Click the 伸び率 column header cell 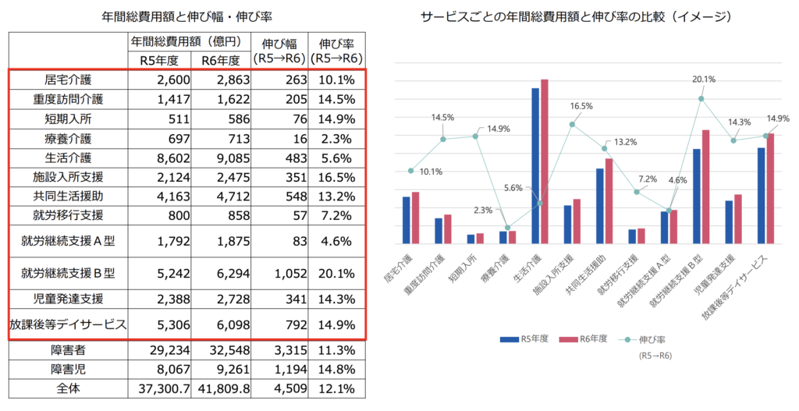[x=337, y=50]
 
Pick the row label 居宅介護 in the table [x=69, y=80]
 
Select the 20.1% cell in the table [x=337, y=274]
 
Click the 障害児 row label [x=69, y=369]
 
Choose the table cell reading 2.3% [x=337, y=138]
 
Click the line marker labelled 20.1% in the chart [x=701, y=98]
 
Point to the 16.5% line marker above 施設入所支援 [x=572, y=124]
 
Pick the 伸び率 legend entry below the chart [x=648, y=339]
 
